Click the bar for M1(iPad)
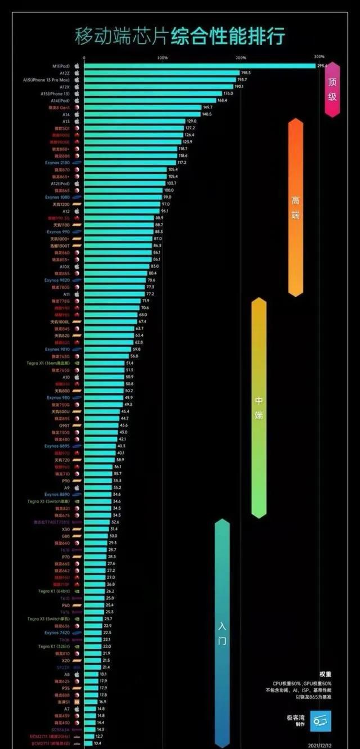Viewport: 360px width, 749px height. [200, 66]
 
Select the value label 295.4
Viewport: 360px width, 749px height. [322, 66]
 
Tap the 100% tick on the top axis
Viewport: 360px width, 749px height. [162, 57]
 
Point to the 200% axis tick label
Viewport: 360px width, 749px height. [241, 57]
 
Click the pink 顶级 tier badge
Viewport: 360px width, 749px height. [332, 89]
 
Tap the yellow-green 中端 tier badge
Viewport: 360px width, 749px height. [259, 407]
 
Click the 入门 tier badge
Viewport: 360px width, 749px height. [222, 633]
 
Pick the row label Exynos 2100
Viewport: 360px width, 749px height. [57, 163]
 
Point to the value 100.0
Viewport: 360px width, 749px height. [169, 190]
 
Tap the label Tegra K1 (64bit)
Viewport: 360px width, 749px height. [53, 591]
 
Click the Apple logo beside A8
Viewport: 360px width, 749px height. [76, 674]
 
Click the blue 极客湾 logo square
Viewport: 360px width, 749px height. [321, 721]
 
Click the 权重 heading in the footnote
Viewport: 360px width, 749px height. [325, 674]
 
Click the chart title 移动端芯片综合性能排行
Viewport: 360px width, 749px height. [179, 35]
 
